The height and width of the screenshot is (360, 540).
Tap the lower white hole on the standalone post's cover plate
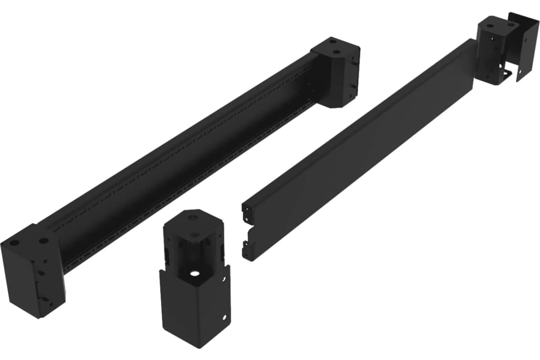coord(221,318)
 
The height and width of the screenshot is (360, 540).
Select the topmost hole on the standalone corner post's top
coord(193,218)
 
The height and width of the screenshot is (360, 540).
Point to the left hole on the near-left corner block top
coord(15,243)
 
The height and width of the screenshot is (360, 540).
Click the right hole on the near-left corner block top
coord(43,241)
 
